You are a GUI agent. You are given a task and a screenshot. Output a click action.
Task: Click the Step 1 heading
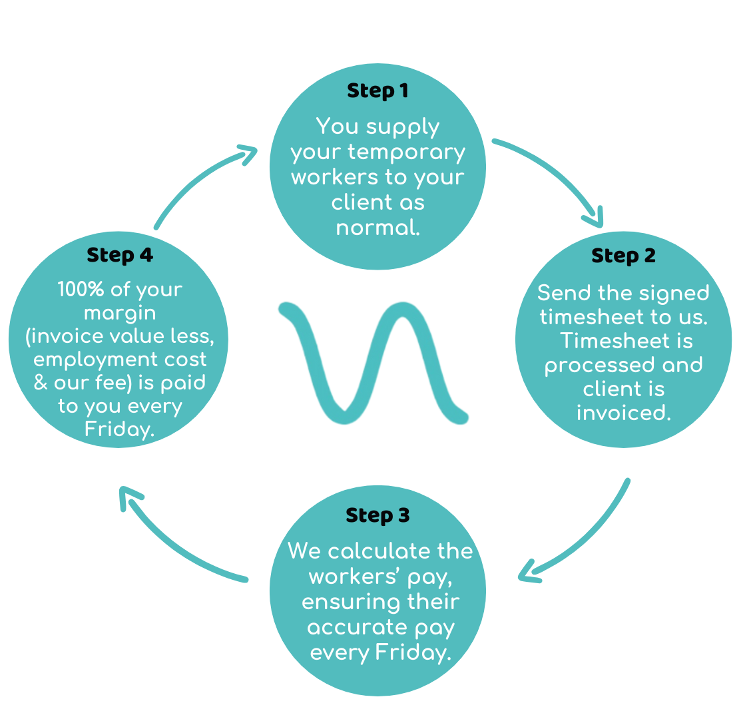click(377, 91)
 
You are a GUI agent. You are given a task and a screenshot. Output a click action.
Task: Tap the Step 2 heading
click(623, 256)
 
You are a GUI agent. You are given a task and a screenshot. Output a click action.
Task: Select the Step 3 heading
click(377, 515)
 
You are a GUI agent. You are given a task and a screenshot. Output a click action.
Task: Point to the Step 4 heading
click(120, 255)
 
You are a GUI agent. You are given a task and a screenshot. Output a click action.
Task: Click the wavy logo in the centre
click(374, 363)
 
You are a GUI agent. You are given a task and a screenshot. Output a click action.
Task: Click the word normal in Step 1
click(377, 228)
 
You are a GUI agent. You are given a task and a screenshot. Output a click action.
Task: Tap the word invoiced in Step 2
click(623, 413)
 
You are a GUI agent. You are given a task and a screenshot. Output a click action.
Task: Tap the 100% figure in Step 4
click(79, 290)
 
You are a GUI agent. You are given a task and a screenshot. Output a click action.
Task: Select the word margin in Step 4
click(120, 313)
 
